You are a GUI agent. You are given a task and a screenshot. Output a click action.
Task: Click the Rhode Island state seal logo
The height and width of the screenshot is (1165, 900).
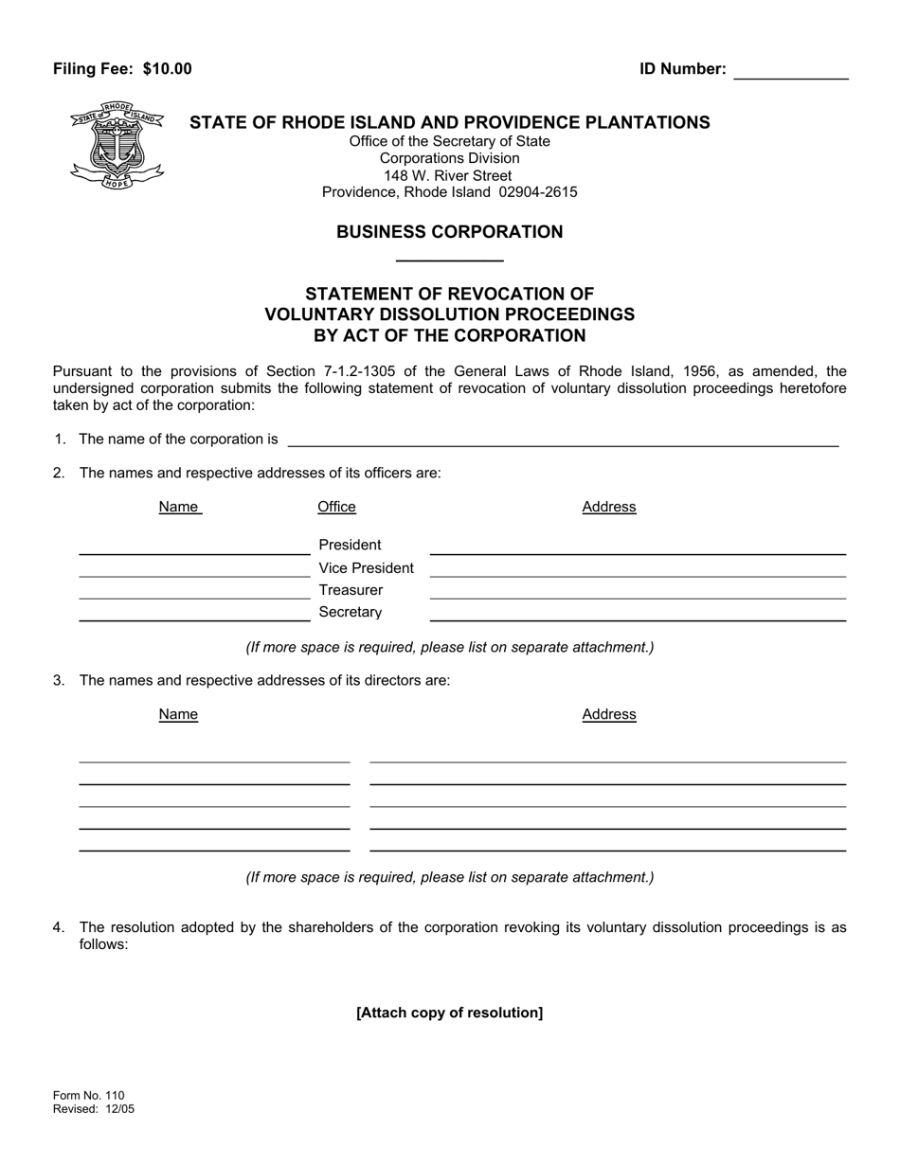point(117,145)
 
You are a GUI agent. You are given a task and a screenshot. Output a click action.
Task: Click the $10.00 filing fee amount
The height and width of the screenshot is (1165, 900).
point(168,69)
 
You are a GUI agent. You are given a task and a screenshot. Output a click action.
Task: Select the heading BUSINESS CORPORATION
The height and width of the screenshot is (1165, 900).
point(449,232)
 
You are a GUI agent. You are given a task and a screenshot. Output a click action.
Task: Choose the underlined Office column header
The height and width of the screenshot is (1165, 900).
point(336,507)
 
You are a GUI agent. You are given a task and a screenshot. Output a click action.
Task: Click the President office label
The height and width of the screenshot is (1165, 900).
point(350,545)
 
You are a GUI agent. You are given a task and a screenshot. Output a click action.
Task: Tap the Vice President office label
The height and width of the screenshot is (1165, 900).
point(366,568)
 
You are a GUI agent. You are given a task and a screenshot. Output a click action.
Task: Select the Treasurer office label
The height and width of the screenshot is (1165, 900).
point(351,590)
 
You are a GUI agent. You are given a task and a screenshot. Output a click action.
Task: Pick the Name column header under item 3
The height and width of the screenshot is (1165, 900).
point(178,714)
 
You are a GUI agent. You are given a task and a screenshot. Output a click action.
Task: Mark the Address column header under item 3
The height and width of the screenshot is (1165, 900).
point(608,714)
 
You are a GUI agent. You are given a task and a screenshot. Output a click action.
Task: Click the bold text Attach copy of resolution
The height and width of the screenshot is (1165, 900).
point(449,1013)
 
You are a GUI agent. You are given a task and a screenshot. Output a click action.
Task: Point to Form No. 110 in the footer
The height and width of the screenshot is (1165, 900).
point(88,1096)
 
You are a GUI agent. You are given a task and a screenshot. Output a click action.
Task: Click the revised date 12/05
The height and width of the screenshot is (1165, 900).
point(118,1109)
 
